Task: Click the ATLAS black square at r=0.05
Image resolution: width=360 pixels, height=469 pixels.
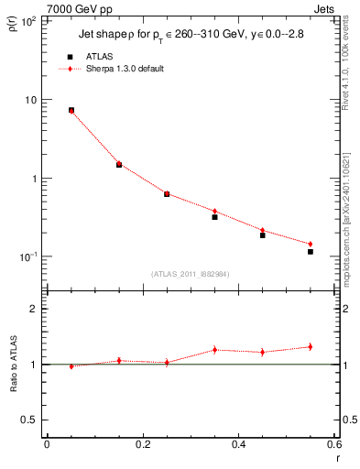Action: point(71,110)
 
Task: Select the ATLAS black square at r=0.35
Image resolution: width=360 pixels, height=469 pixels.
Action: point(214,217)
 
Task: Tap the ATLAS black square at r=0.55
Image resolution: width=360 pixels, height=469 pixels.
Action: point(311,252)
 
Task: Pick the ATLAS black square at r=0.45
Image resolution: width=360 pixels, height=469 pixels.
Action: point(263,235)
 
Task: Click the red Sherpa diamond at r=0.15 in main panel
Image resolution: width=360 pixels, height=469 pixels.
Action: point(119,163)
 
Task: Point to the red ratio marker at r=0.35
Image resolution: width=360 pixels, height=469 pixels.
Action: point(214,349)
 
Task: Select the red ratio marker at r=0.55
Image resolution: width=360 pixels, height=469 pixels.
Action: point(311,346)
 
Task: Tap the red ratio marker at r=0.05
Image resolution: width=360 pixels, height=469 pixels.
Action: point(71,365)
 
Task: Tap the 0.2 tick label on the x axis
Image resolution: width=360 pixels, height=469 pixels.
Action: point(143,444)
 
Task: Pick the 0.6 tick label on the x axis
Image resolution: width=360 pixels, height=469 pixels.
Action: point(334,444)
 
